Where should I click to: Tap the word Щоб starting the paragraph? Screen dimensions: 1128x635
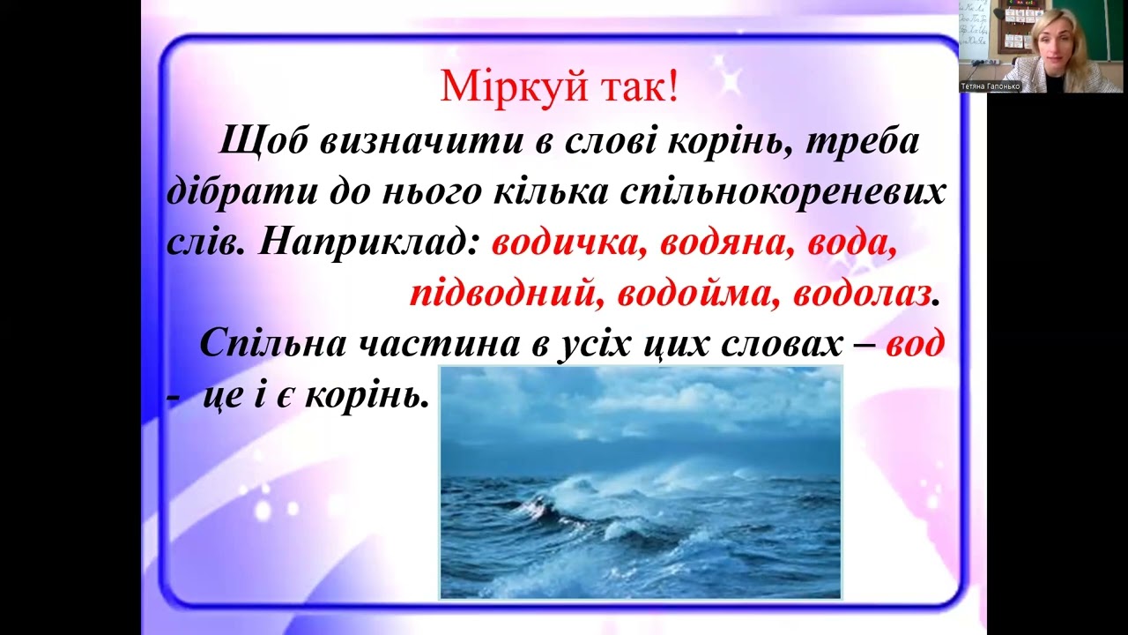(x=263, y=142)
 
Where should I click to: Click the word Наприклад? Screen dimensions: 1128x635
(x=369, y=244)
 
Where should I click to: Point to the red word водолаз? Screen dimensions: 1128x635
(x=862, y=295)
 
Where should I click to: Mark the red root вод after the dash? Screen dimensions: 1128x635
(x=915, y=344)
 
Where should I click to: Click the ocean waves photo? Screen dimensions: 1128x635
(x=641, y=482)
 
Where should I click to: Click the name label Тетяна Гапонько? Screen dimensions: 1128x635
(x=991, y=86)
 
